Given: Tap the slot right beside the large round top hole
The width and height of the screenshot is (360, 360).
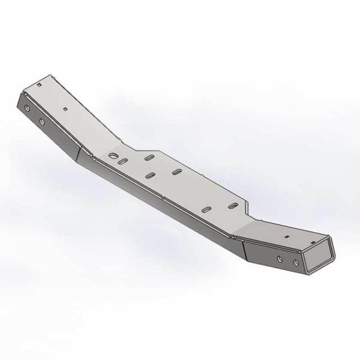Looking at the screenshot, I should point(122,163).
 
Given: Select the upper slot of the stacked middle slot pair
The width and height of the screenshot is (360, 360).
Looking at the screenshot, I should point(148,158).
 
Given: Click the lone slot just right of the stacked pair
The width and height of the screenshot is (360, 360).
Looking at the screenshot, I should point(177,172).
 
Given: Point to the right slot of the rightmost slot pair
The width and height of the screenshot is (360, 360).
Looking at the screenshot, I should point(230,207).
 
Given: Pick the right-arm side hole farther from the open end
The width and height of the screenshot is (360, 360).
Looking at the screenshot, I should point(280,259).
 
